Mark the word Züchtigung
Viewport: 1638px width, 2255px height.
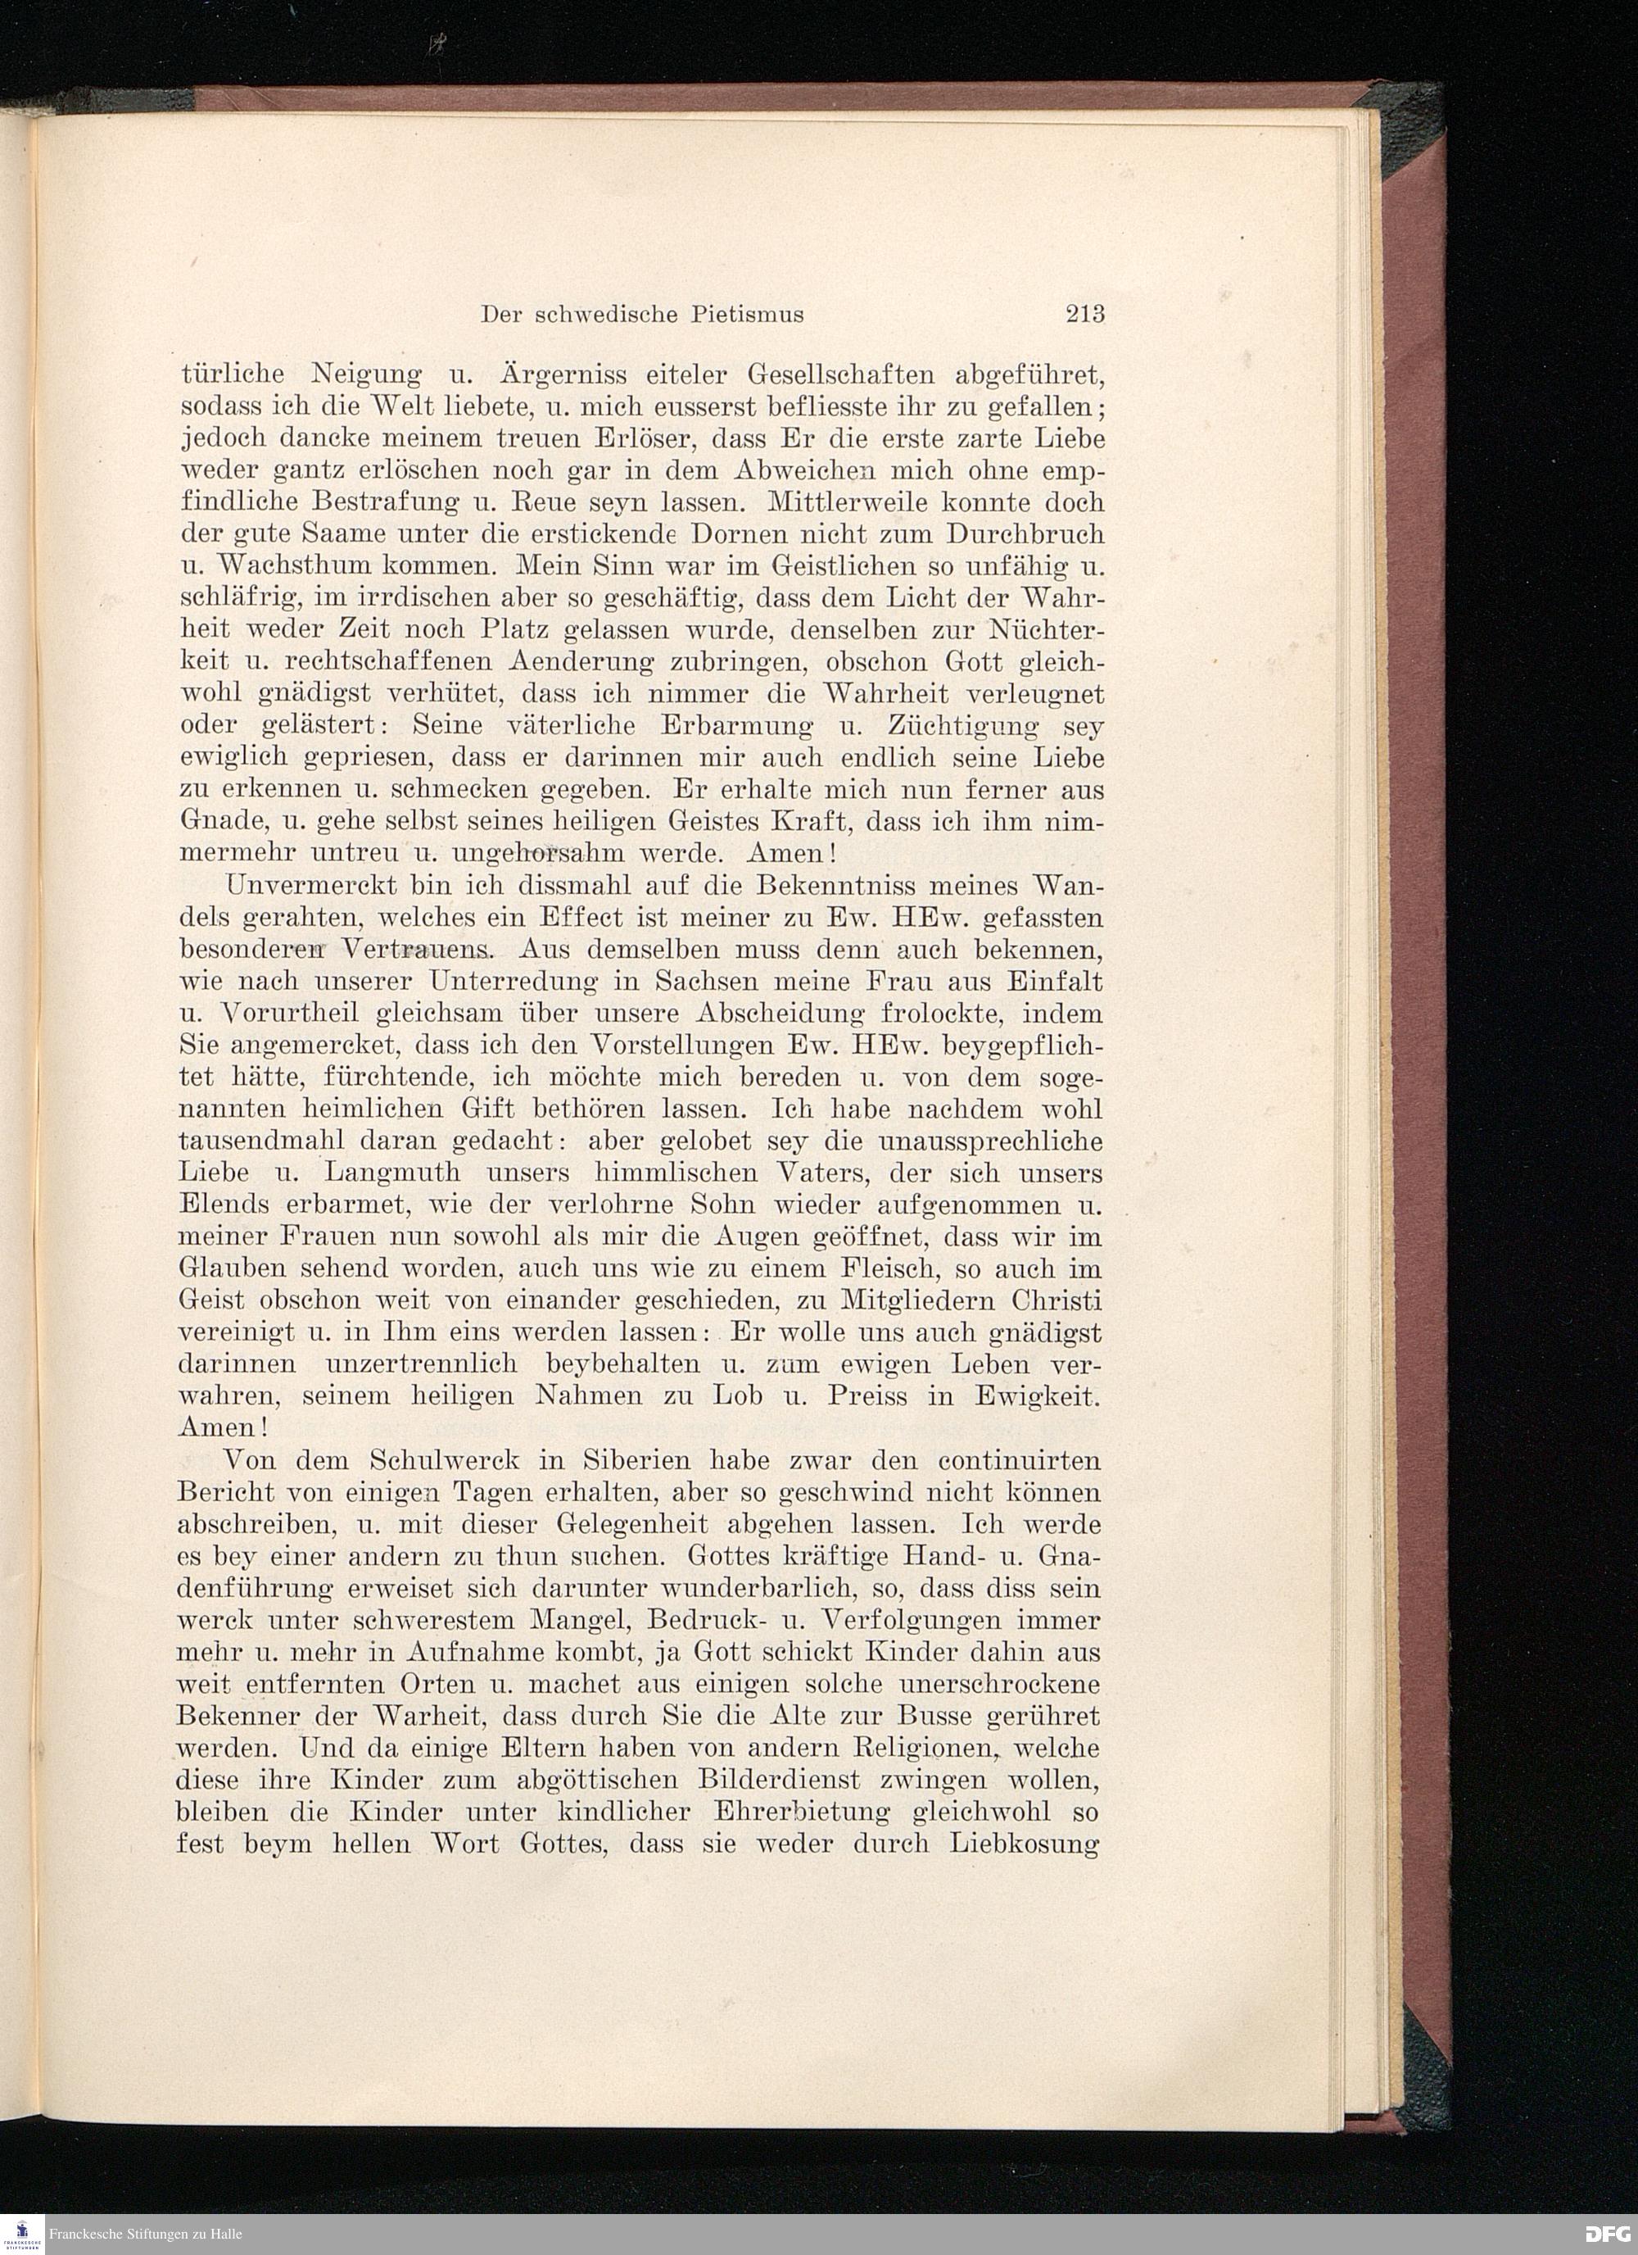(x=955, y=727)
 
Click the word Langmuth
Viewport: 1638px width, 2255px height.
(x=397, y=1173)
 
